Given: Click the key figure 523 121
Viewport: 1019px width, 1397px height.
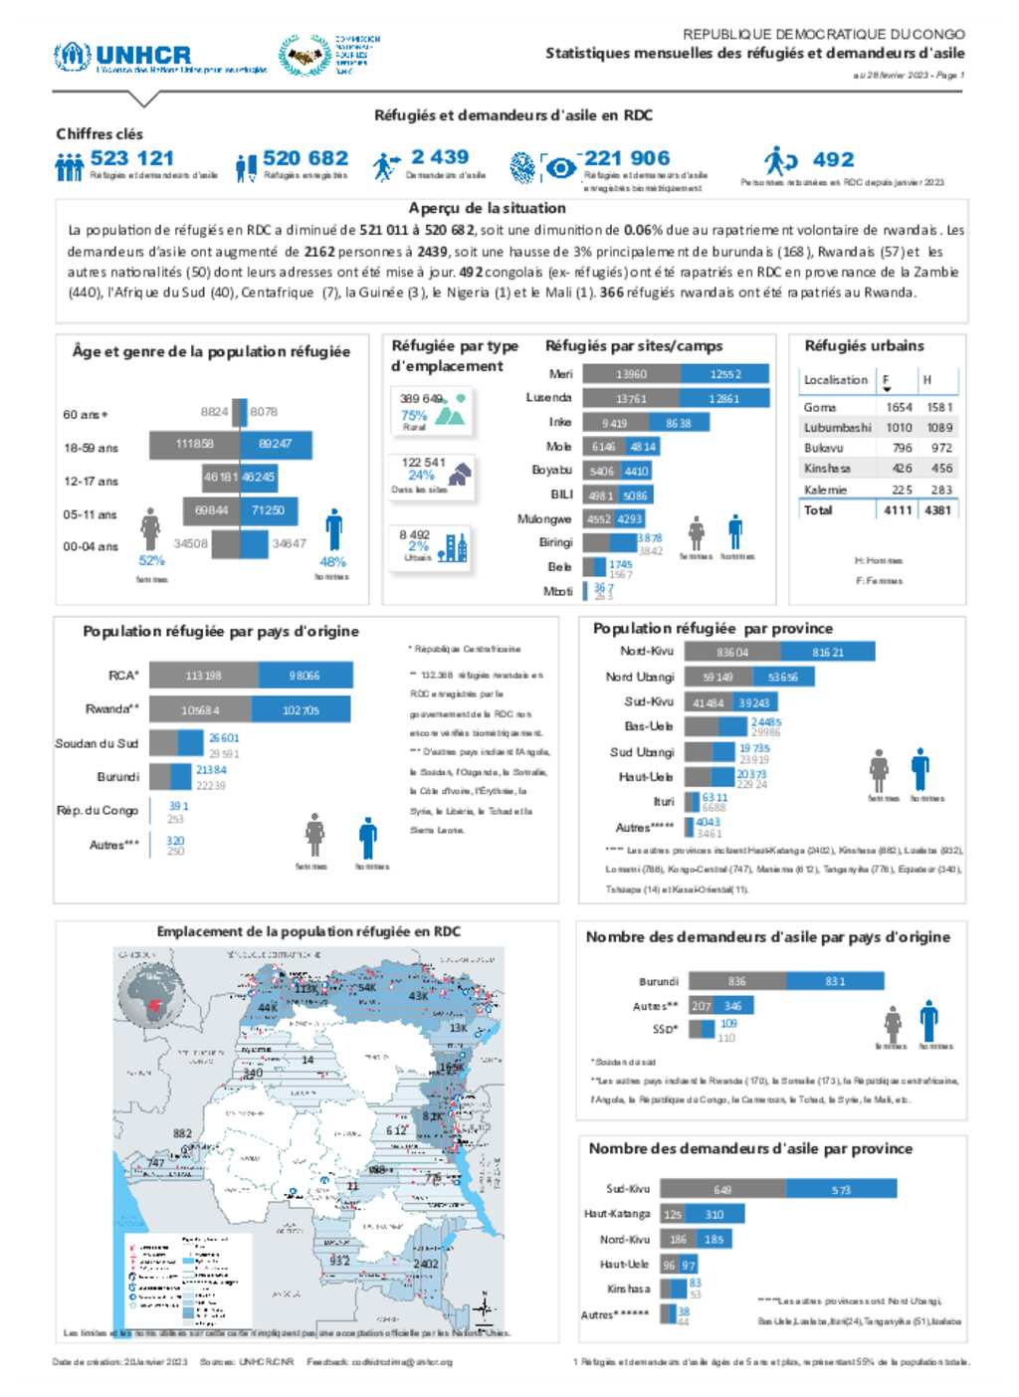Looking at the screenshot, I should [131, 158].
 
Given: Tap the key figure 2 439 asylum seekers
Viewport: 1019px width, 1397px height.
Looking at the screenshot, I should [440, 157].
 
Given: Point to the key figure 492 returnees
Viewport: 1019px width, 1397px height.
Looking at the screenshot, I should [833, 159].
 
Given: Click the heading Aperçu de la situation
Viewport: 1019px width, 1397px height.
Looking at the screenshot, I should [488, 208].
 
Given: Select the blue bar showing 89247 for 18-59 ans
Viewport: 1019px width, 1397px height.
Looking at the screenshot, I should [276, 444].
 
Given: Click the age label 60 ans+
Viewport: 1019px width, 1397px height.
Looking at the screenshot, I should [86, 414].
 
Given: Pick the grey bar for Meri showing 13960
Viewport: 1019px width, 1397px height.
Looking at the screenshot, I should [632, 374].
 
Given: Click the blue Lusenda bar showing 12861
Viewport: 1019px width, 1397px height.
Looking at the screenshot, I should [724, 398].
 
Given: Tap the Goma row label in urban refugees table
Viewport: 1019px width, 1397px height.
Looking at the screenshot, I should [820, 407].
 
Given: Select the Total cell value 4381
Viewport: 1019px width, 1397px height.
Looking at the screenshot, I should [937, 509].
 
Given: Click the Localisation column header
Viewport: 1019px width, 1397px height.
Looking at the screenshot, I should [836, 379].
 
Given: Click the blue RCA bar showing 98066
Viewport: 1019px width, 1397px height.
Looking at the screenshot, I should [305, 676].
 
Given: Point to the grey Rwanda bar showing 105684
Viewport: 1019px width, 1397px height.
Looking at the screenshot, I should [201, 709].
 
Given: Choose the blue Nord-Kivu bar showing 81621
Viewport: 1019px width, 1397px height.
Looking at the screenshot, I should [827, 652].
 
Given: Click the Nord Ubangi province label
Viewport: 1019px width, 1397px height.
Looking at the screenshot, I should [640, 677].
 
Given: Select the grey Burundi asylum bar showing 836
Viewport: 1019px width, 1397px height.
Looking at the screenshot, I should [736, 981].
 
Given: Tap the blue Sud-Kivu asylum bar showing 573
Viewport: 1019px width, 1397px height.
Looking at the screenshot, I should [841, 1189].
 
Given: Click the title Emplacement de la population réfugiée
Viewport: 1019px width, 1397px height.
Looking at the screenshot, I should [308, 931].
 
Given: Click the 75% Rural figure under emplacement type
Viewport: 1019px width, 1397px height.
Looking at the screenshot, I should [414, 415].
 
